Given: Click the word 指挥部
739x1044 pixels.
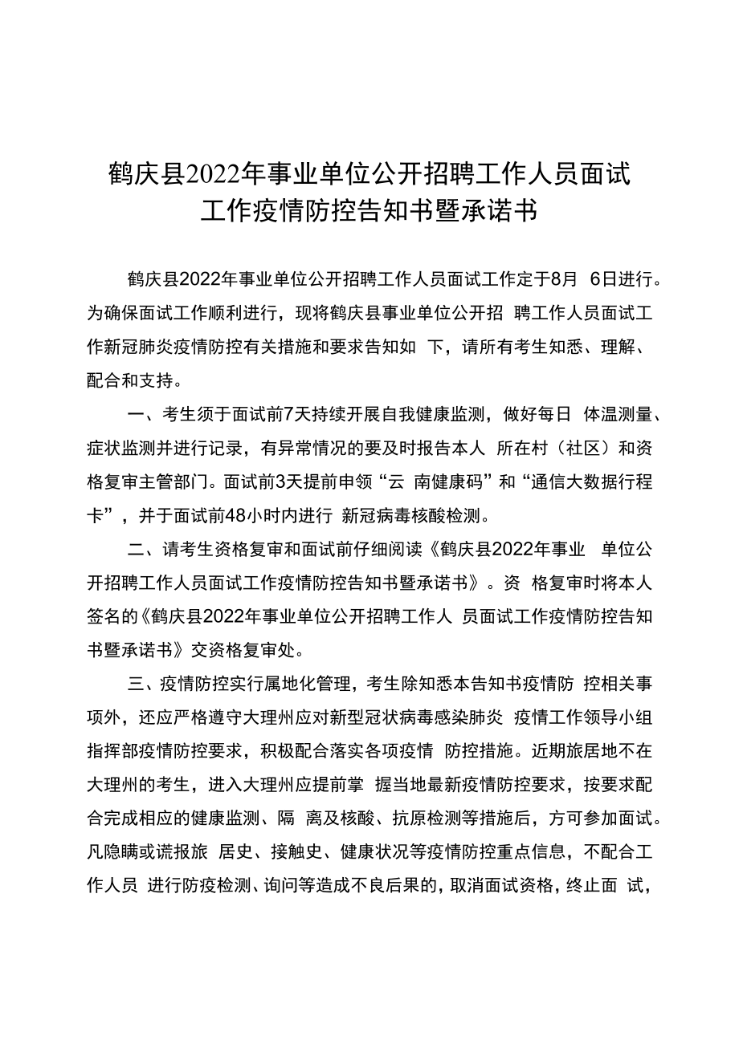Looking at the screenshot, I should [x=111, y=752].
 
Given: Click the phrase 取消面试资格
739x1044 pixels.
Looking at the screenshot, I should [x=498, y=887].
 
